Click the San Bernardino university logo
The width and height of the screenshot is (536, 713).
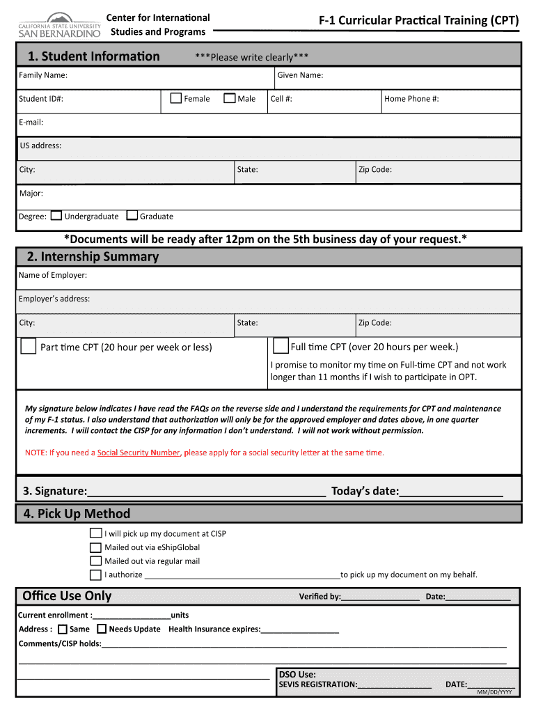(x=58, y=26)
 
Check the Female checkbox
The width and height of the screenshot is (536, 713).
(x=176, y=98)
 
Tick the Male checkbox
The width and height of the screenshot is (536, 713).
(x=229, y=98)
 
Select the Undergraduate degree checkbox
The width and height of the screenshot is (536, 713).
(x=56, y=216)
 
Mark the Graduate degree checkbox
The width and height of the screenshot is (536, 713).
(x=134, y=216)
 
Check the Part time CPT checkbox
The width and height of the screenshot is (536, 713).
(x=29, y=346)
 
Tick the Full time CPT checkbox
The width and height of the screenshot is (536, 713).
(x=281, y=345)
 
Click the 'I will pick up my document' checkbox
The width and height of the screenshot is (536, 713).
(x=95, y=533)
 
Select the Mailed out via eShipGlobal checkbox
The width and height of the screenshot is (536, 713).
(x=95, y=547)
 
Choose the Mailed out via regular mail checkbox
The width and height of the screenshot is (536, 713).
(x=95, y=561)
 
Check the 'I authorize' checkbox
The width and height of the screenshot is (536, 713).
(x=95, y=574)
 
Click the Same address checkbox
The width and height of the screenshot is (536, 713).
(x=62, y=629)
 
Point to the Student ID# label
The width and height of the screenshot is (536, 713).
(x=41, y=99)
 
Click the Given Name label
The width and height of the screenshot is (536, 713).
(x=300, y=75)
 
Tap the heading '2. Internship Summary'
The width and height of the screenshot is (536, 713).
(x=93, y=257)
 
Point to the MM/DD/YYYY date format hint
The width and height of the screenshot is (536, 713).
(x=494, y=692)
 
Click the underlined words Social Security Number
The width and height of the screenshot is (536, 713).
(x=139, y=453)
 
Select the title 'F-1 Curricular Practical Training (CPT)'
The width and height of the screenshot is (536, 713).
(x=418, y=20)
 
